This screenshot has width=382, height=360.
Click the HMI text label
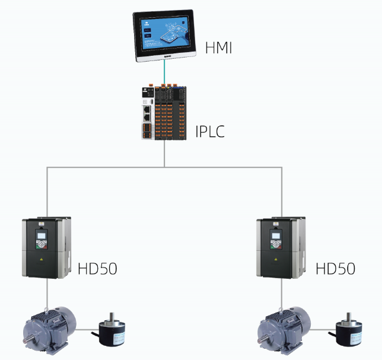pyautogui.click(x=218, y=48)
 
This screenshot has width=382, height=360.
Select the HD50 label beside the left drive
pyautogui.click(x=97, y=268)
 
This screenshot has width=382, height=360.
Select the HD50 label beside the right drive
pyautogui.click(x=335, y=268)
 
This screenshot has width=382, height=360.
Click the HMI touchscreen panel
pyautogui.click(x=164, y=36)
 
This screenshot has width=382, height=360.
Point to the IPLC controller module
pyautogui.click(x=164, y=113)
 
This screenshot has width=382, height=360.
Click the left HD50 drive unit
pyautogui.click(x=46, y=247)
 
